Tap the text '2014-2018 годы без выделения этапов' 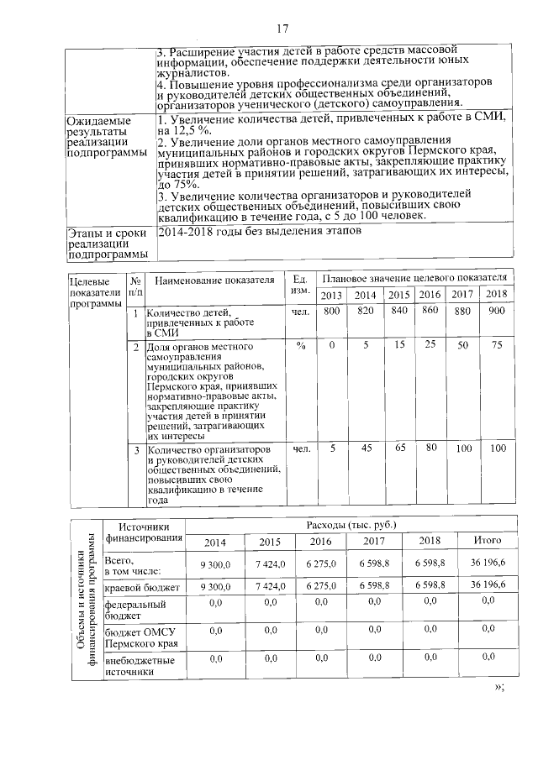coord(261,232)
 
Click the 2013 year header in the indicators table coord(332,295)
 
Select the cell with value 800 coord(332,312)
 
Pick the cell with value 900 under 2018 coord(496,312)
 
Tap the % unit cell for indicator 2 coord(300,345)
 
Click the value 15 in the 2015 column coord(400,345)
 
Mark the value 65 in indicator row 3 coord(400,448)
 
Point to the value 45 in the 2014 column coord(366,448)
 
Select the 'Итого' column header coord(488,540)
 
